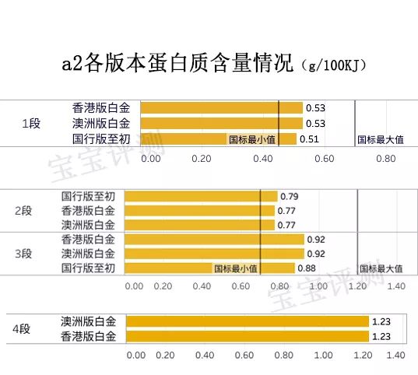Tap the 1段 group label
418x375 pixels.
(30, 124)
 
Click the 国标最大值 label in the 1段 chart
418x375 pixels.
(380, 140)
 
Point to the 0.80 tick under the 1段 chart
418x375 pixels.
(385, 158)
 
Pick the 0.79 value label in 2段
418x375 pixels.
(290, 196)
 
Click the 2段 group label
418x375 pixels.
(23, 211)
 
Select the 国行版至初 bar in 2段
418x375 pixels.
(200, 196)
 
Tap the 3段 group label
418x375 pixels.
(23, 254)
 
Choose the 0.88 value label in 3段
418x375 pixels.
(306, 268)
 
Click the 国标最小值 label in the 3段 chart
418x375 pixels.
(237, 268)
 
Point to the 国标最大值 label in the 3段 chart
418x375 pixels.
(380, 268)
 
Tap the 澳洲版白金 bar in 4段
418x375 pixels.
(246, 321)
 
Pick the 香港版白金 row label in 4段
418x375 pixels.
(89, 336)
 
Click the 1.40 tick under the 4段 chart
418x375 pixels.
(395, 356)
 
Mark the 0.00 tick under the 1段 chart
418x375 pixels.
(150, 158)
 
